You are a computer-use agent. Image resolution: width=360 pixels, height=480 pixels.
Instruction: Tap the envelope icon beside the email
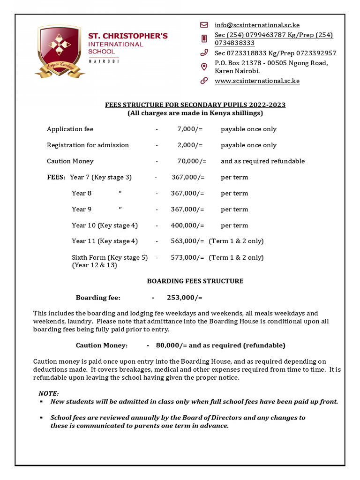tap(204, 25)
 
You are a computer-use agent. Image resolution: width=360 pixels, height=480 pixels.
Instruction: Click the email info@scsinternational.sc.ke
tap(257, 25)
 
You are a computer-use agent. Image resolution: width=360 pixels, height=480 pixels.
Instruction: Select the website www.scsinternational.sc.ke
tap(257, 81)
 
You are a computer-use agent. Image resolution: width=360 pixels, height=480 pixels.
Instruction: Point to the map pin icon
tap(204, 67)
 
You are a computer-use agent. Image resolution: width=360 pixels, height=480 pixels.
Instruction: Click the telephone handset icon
tap(204, 53)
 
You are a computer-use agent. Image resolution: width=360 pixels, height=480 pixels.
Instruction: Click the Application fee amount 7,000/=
tap(190, 129)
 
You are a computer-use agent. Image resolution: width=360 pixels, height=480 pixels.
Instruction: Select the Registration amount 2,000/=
tap(190, 145)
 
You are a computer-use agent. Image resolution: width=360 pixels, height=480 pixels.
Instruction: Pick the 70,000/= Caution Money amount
tap(192, 161)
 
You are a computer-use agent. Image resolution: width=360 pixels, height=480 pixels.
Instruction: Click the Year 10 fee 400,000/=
tap(187, 225)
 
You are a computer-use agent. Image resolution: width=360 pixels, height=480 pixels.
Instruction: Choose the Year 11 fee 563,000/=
tap(187, 241)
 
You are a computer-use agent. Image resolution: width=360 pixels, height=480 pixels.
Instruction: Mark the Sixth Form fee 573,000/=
tap(187, 257)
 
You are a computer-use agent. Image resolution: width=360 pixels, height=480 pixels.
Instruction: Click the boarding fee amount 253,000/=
tap(184, 298)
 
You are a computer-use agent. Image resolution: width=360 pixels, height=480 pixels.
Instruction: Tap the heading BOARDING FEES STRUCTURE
tap(195, 281)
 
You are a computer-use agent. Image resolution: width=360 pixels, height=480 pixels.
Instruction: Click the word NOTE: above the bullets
tap(49, 393)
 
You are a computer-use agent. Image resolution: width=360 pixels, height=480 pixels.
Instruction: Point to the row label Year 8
tap(82, 193)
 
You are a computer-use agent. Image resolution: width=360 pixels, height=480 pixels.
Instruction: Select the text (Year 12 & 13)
tap(94, 265)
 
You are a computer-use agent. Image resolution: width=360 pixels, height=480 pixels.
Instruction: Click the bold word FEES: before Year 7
tap(56, 177)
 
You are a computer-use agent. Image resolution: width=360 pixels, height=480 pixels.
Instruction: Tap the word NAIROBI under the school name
tap(104, 61)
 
